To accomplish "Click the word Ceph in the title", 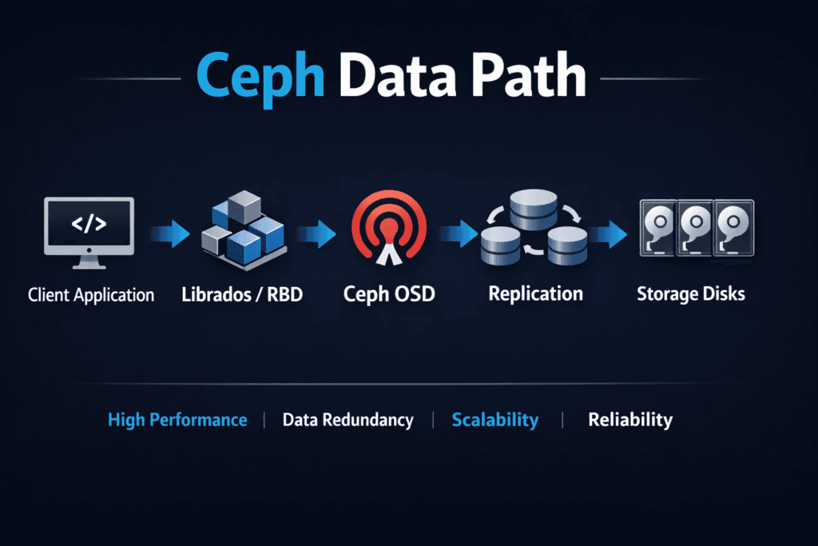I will click(x=260, y=78).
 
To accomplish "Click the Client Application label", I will click(x=91, y=295).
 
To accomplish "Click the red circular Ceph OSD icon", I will click(x=389, y=231).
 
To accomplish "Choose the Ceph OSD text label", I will click(x=389, y=294).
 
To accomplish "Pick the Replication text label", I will click(x=535, y=293).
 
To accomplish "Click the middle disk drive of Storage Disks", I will click(x=694, y=228).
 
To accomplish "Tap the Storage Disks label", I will click(x=690, y=293).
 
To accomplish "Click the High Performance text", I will click(x=177, y=420).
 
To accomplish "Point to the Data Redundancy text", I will click(x=347, y=420).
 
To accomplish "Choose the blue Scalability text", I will click(x=494, y=420).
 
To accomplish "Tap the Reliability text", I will click(x=630, y=420).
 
